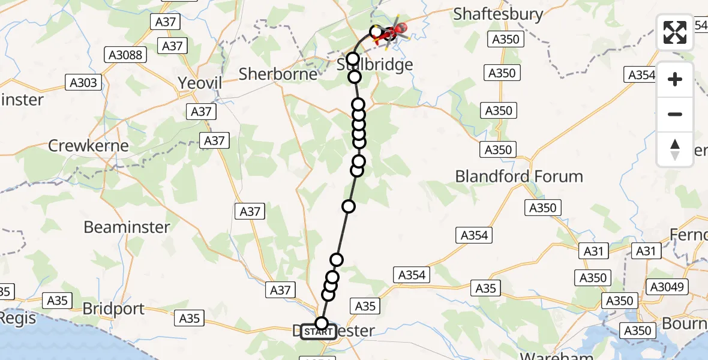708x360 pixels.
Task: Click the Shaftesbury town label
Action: coord(498,14)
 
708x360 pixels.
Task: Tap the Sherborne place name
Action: coord(278,74)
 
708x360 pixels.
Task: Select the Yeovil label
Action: coord(200,83)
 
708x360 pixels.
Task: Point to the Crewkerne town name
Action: coord(88,145)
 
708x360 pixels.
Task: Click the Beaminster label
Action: coord(127,227)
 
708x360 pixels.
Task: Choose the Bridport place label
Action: coord(113,309)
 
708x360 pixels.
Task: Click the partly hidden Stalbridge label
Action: coord(374,65)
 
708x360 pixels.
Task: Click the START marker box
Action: coord(318,332)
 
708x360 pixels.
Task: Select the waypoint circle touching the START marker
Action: coord(322,323)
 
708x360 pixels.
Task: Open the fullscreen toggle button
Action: coord(675,32)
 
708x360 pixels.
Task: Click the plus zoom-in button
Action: coord(675,79)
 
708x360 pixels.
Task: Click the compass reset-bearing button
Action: coord(675,149)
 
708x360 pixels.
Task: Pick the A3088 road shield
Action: coord(125,55)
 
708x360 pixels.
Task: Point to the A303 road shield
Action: coord(83,83)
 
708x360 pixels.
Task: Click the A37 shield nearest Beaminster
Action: coord(250,211)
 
